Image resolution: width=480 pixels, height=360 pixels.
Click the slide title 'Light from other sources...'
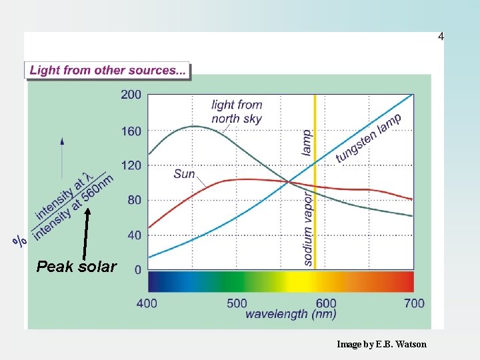[108, 71]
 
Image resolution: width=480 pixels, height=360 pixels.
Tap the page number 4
[441, 37]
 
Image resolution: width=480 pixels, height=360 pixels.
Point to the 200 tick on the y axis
[131, 95]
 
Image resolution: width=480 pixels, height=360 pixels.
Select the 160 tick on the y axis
[131, 131]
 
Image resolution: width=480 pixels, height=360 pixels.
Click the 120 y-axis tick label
[131, 165]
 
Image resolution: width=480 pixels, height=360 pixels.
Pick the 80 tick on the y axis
[134, 200]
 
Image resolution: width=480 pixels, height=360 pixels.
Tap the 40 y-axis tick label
[134, 235]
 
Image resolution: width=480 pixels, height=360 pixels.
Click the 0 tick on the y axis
[137, 270]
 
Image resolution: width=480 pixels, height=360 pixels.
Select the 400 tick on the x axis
[147, 303]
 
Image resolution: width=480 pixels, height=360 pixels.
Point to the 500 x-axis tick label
[237, 303]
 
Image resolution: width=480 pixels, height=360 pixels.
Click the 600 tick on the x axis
[326, 303]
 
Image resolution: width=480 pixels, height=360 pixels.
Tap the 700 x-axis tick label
[414, 303]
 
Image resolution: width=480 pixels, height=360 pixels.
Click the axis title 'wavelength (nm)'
[291, 314]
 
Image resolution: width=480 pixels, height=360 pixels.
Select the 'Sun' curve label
[184, 174]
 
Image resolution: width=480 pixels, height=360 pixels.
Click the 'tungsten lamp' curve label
[369, 138]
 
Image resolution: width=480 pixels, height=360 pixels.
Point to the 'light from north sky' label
[237, 112]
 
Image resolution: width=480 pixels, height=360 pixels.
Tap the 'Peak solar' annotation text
[76, 267]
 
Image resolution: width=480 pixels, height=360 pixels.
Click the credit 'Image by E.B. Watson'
[381, 344]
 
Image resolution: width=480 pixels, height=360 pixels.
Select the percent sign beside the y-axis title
[21, 241]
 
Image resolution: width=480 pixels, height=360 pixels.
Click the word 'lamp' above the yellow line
[307, 142]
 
